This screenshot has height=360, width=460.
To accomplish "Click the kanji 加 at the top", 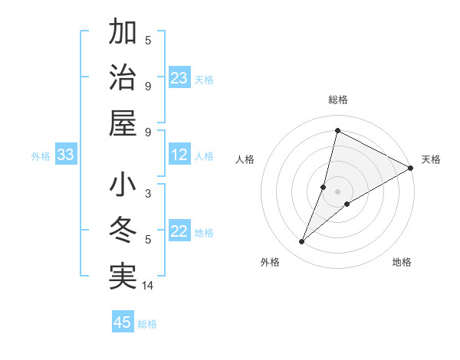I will click(123, 34).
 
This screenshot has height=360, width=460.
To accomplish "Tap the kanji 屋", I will click(123, 123).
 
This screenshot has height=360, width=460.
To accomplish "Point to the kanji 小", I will click(123, 187).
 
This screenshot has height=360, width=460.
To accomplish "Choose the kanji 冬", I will click(123, 231).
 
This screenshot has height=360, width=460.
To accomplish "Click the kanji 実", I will click(123, 277).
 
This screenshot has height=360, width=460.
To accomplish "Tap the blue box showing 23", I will click(179, 78).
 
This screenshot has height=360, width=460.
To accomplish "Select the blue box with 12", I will click(179, 155).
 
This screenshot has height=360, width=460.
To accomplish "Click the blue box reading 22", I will click(179, 232).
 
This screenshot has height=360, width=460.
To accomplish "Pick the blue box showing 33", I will click(65, 155).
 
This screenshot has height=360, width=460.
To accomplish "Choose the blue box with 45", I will click(123, 322).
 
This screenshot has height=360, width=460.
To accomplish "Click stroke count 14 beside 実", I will click(149, 286).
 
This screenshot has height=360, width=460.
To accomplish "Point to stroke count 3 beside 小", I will click(148, 194).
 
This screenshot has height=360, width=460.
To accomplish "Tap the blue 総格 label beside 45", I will click(147, 324).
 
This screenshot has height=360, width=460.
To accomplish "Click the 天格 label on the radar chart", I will click(431, 159).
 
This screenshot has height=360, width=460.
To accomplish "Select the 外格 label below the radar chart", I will click(270, 262).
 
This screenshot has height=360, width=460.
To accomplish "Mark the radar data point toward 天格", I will click(410, 169).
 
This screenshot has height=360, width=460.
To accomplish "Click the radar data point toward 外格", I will click(302, 242).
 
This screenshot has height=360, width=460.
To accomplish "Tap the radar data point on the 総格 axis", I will click(337, 130).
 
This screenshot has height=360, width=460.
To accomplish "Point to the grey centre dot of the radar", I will click(337, 191).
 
